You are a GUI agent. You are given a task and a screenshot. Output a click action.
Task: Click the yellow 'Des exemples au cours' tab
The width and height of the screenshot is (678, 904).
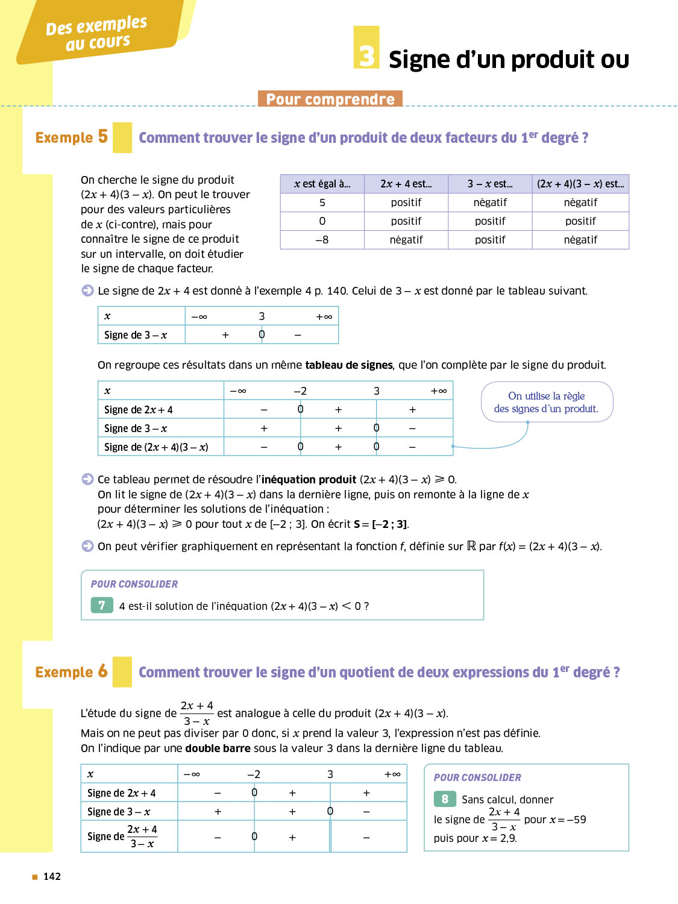point(96,33)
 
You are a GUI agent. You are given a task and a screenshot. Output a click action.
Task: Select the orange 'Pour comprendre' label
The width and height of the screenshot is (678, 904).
point(330,99)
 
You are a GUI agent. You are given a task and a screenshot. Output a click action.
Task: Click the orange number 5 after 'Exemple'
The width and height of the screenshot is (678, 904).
point(103,136)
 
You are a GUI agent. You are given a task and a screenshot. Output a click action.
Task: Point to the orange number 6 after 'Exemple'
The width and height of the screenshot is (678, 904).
point(103,671)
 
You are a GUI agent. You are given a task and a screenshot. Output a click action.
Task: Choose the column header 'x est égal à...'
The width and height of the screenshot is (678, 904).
point(322,184)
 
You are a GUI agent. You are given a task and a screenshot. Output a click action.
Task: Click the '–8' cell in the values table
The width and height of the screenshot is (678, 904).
point(322,240)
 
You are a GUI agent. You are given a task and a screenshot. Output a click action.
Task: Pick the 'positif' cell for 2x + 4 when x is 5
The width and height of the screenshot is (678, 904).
point(406,202)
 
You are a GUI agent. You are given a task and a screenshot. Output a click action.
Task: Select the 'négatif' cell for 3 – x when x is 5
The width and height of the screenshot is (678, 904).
point(490,202)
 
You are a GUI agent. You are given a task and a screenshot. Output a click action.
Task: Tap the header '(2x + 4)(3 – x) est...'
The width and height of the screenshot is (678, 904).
point(580,184)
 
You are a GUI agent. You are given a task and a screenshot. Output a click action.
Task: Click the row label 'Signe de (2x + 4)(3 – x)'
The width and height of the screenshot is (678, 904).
point(156,447)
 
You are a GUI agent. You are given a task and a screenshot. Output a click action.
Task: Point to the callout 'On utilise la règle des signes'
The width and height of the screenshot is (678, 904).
point(546,402)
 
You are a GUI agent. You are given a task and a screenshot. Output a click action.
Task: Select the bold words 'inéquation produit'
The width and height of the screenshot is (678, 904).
point(309,480)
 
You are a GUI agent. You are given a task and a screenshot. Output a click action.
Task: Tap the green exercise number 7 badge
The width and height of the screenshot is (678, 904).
point(102,605)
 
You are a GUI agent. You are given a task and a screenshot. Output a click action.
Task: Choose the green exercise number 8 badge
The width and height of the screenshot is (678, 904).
point(445,799)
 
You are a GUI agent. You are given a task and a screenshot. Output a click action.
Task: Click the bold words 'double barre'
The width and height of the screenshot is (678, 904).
point(218,749)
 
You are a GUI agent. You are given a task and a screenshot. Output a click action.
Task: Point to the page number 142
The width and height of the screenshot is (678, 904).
point(52,876)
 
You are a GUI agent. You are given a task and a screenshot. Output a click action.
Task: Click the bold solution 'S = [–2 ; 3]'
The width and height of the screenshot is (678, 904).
point(381,524)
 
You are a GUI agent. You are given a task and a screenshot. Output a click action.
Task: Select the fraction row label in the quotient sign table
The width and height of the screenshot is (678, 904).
point(123,837)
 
